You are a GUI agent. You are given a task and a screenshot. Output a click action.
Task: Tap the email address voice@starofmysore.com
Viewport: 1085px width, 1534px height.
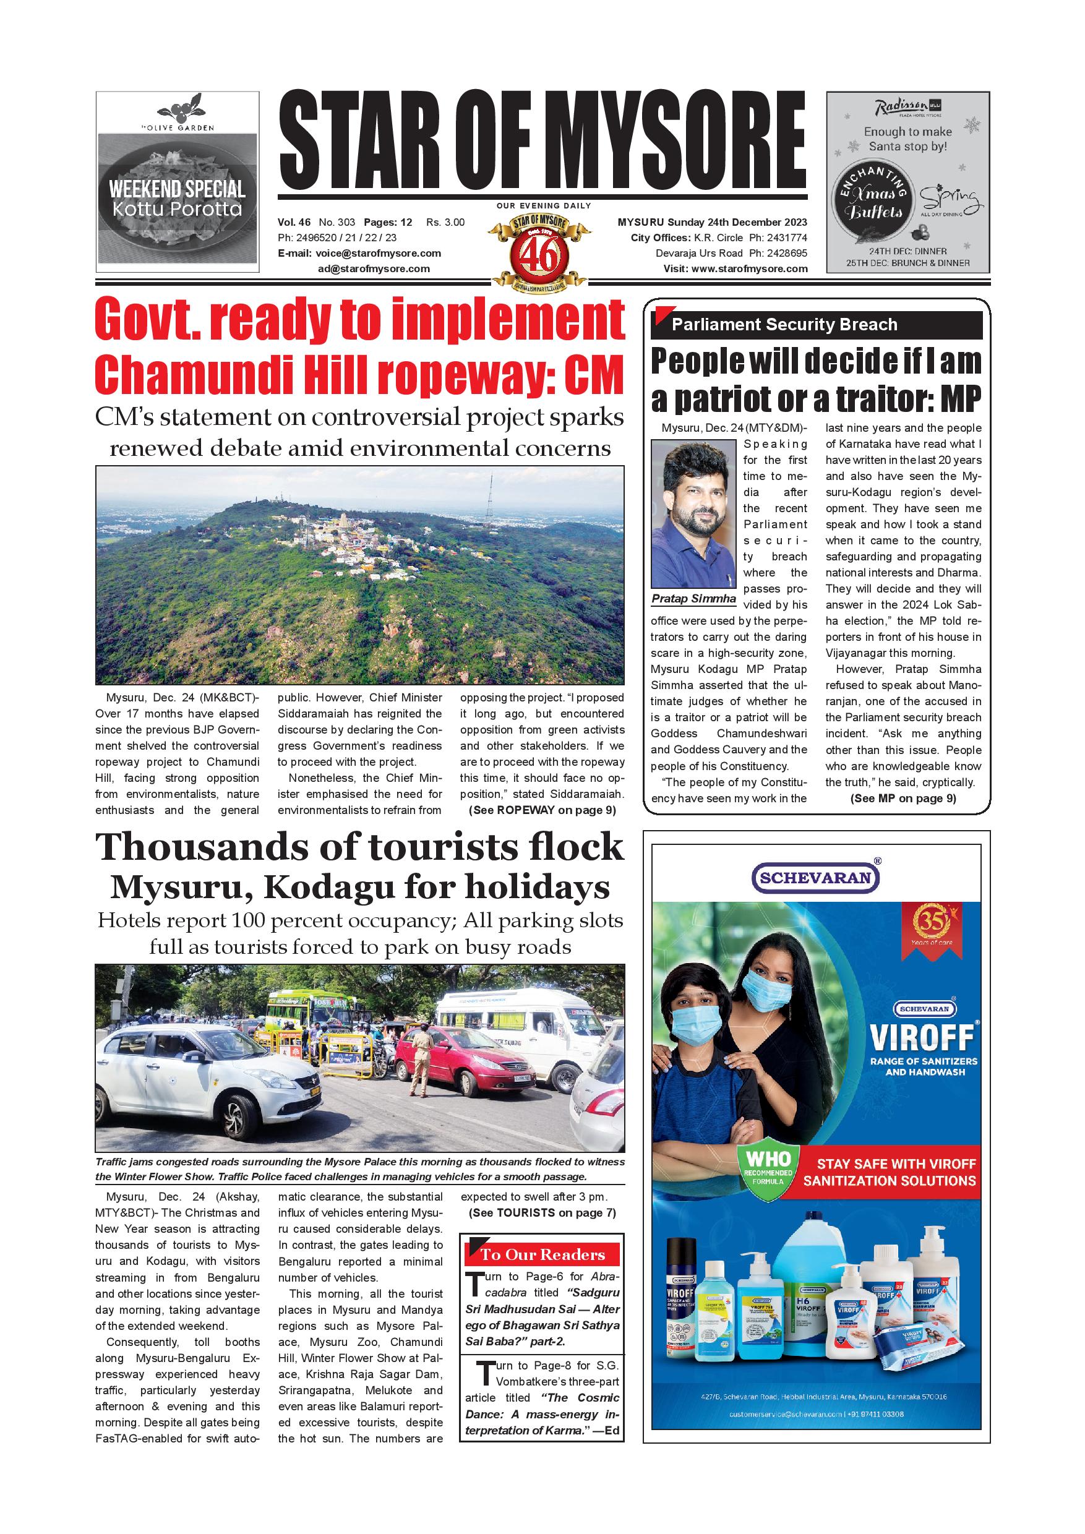point(378,253)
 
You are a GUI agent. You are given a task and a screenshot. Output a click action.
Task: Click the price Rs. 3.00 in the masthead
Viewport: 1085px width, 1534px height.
point(445,223)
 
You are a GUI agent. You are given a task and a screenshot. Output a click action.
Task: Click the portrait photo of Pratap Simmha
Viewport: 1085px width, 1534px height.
point(693,514)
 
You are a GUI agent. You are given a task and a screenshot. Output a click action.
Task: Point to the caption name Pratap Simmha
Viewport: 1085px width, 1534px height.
point(693,599)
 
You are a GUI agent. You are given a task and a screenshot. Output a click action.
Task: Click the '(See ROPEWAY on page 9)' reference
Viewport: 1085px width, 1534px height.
point(542,810)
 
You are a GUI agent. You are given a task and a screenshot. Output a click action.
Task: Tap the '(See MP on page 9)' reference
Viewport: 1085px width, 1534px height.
point(903,799)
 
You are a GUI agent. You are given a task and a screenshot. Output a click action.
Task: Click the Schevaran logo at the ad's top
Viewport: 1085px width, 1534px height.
point(816,877)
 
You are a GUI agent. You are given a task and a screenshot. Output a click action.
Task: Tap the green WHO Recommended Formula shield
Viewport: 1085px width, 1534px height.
point(768,1176)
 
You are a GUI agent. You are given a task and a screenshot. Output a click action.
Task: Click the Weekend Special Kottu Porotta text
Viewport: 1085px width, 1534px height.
point(177,199)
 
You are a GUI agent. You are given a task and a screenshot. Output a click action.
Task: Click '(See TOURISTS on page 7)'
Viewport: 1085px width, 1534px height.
point(542,1212)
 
